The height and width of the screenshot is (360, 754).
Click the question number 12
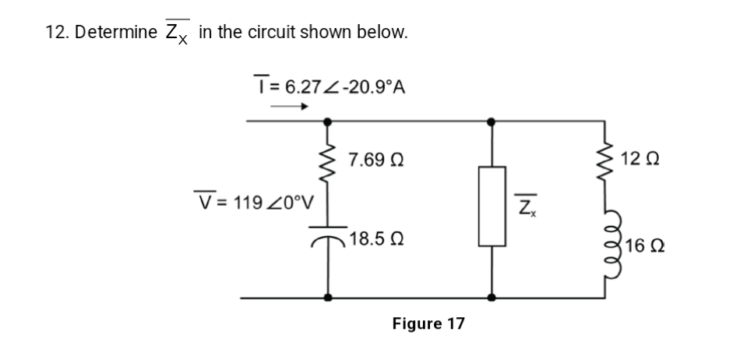(x=55, y=33)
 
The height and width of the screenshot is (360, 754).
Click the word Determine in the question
(x=118, y=33)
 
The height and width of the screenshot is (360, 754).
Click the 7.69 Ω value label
(x=375, y=161)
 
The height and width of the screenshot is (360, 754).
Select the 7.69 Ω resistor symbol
(x=327, y=161)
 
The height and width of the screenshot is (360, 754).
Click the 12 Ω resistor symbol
(x=604, y=161)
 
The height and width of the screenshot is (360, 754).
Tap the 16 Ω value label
(x=642, y=247)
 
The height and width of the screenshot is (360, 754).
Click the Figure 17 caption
(x=428, y=323)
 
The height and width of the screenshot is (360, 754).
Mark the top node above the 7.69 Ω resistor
(x=327, y=122)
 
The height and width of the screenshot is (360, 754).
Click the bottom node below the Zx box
(x=490, y=297)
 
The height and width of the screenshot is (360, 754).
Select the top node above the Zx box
(x=490, y=122)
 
